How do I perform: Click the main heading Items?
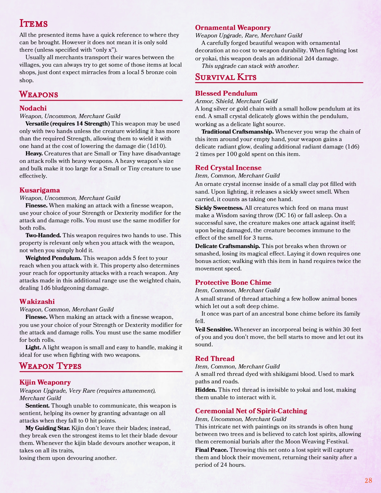click(x=33, y=23)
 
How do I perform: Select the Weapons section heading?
click(x=39, y=94)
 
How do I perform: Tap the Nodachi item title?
click(x=33, y=108)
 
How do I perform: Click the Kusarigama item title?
click(x=39, y=190)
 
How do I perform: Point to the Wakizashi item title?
click(x=37, y=301)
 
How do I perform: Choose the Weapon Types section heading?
click(x=50, y=366)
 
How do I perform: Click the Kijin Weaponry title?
click(x=45, y=382)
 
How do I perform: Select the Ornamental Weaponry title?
click(x=233, y=28)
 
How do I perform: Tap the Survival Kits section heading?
click(x=226, y=77)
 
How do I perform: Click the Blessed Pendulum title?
click(x=226, y=93)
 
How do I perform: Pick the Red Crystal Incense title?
click(x=228, y=168)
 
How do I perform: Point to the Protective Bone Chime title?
click(x=233, y=282)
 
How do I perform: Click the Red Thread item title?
click(x=215, y=359)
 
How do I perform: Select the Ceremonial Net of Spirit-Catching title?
click(x=251, y=411)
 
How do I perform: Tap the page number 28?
click(x=368, y=480)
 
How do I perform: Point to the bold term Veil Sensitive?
click(x=214, y=329)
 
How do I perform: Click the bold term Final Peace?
click(x=212, y=450)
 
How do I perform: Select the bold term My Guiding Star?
click(x=48, y=428)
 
